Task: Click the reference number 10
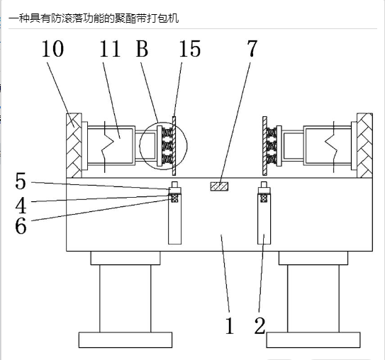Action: coord(52,49)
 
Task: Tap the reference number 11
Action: coord(110,49)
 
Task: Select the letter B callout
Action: coord(143,49)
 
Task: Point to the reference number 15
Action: coord(190,49)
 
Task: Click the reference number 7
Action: coord(252,48)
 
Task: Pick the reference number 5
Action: coord(21,181)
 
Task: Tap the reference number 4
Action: coord(21,205)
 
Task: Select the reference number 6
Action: coord(21,226)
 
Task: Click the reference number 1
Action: coord(230,325)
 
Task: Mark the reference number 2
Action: coord(260,325)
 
